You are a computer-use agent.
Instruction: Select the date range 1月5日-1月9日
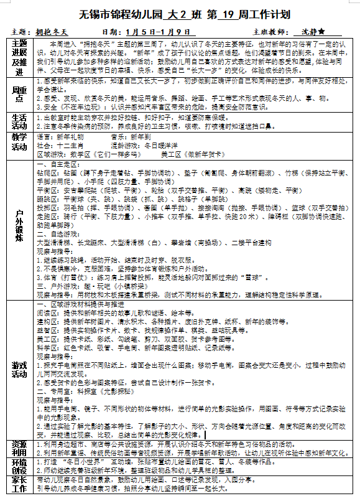[x=151, y=31]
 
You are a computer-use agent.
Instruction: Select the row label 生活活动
[x=19, y=121]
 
